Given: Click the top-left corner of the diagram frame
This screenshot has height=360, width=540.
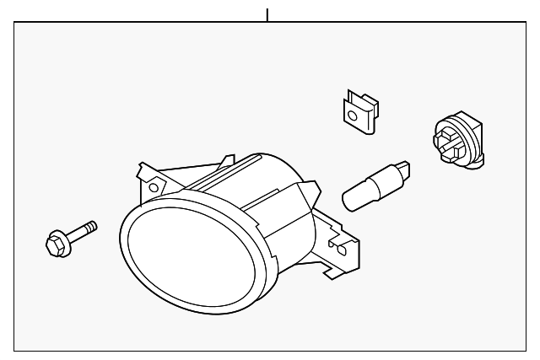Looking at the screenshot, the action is [15, 23].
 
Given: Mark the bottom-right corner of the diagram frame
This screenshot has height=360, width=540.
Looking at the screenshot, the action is [525, 350].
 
